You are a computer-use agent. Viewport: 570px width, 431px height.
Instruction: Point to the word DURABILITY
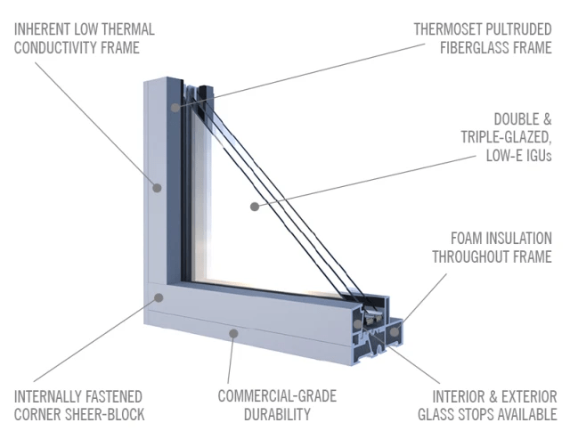pos(278,414)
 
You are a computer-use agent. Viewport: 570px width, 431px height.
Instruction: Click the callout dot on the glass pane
pos(254,206)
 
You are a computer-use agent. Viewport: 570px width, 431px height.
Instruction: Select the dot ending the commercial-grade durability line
pos(233,334)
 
